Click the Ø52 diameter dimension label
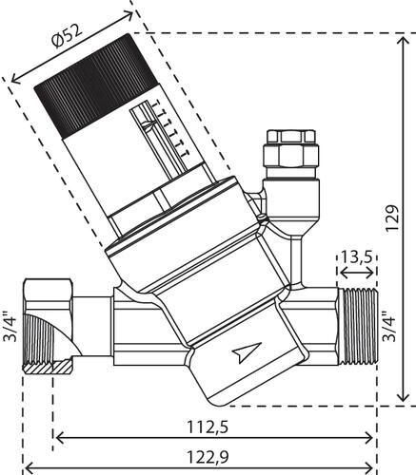tap(68, 36)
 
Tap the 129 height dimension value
tap(392, 218)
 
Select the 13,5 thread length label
tap(356, 257)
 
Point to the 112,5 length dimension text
tap(208, 427)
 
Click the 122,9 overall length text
tap(208, 457)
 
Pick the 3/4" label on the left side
tap(10, 327)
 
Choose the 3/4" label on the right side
tap(390, 327)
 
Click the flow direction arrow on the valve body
tap(247, 352)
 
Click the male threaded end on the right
tap(357, 327)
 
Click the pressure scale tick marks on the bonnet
tap(171, 129)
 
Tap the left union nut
tap(49, 327)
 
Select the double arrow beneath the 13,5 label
tap(357, 273)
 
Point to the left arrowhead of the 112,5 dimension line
tap(60, 439)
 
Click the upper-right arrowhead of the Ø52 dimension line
tap(129, 14)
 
